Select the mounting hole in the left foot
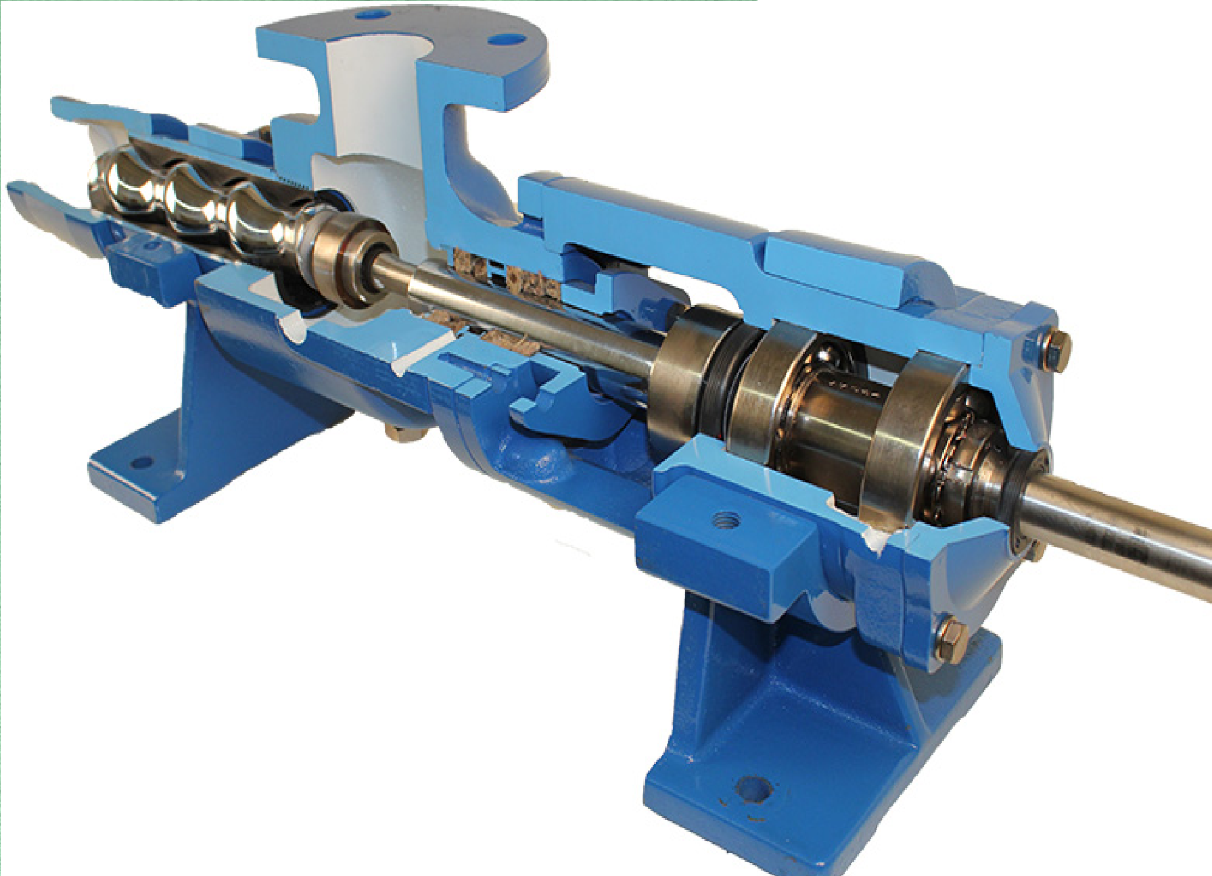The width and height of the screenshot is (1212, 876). click(141, 464)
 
